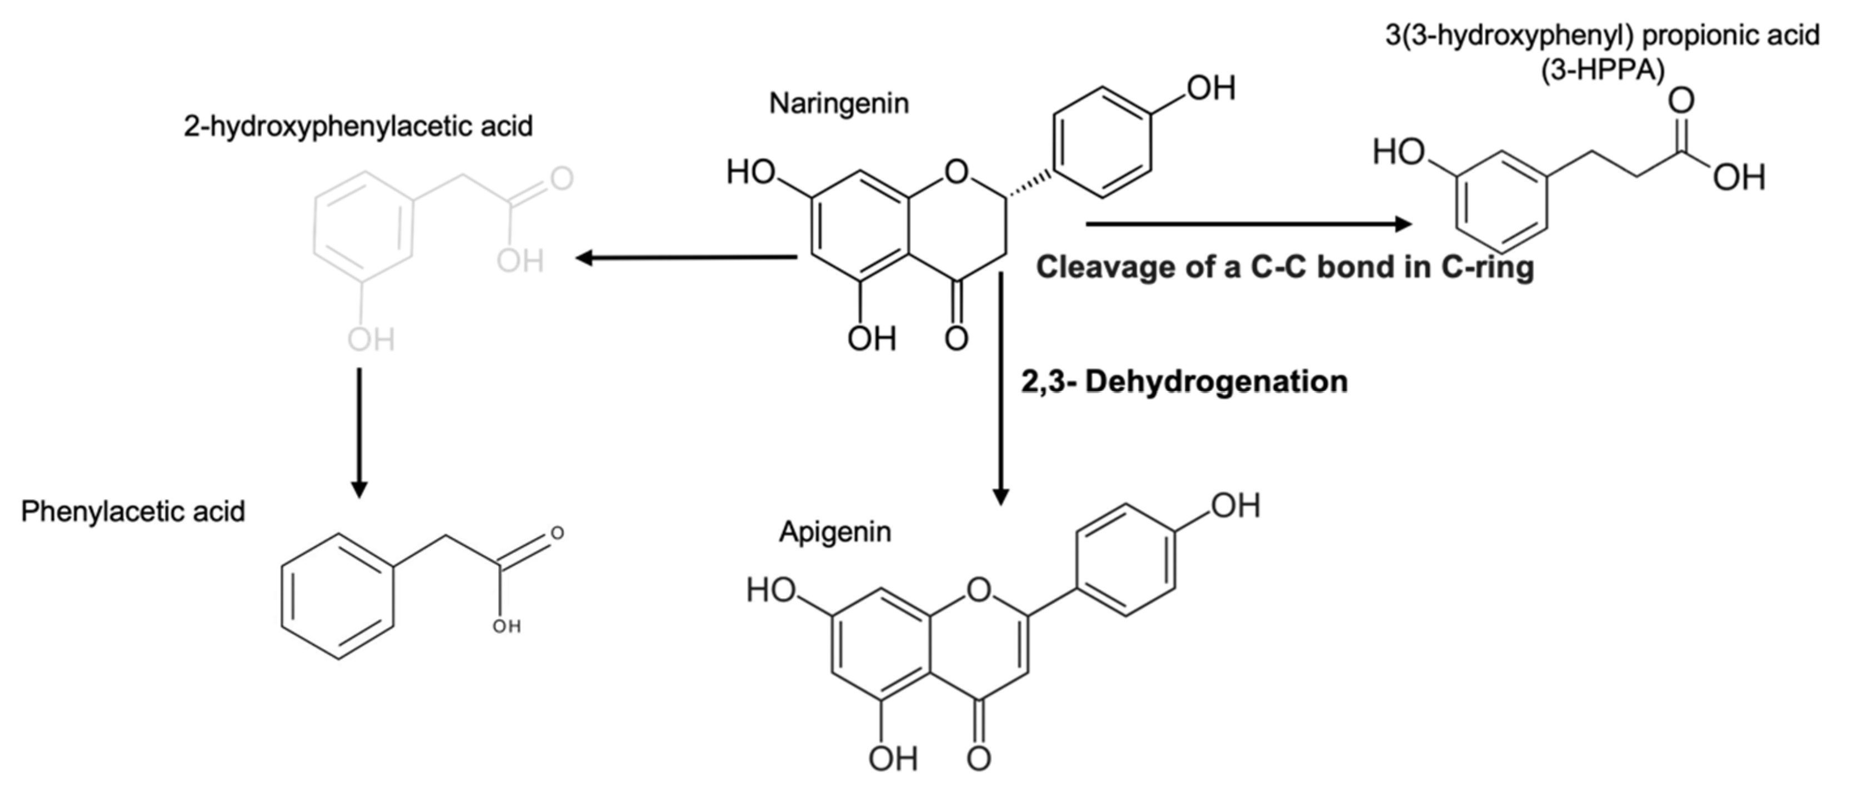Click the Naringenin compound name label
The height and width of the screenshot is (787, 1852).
(839, 103)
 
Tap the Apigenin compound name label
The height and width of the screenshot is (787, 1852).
(835, 532)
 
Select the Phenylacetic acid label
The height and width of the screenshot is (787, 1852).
(133, 512)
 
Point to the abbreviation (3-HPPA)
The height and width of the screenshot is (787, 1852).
(1603, 72)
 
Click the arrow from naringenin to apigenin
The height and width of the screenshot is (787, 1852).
(1000, 388)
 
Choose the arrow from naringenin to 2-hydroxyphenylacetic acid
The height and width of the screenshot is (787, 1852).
(687, 257)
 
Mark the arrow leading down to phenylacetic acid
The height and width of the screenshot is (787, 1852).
(359, 431)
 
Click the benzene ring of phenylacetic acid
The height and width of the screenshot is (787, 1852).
(337, 596)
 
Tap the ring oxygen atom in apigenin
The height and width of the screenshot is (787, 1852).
(978, 591)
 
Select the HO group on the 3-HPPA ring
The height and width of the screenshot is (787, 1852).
(1398, 152)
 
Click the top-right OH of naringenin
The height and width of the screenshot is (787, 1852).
(1211, 88)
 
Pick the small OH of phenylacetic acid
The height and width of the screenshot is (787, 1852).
(506, 626)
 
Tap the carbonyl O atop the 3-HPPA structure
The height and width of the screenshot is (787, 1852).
(1681, 101)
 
